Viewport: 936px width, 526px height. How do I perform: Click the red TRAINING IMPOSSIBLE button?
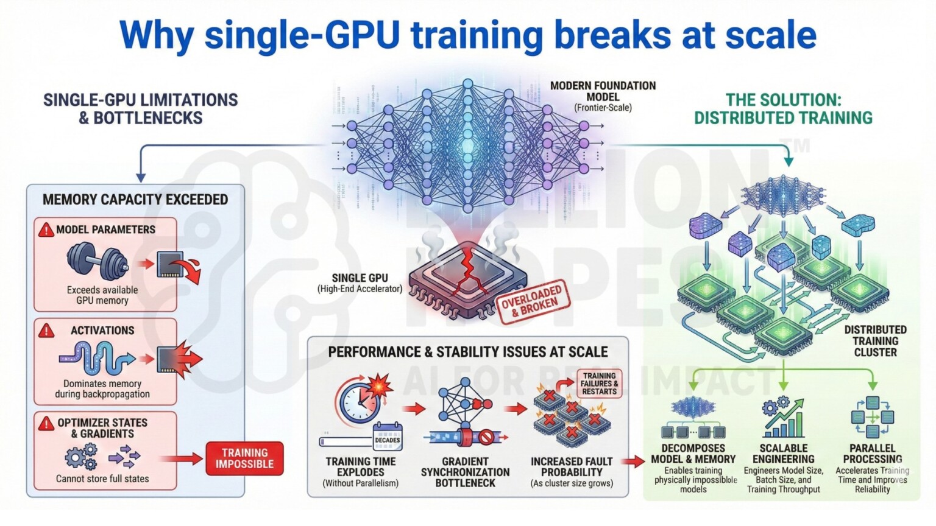pyautogui.click(x=244, y=458)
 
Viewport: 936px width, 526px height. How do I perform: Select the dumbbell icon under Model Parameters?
pyautogui.click(x=97, y=261)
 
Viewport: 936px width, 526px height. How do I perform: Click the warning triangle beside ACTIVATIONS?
pyautogui.click(x=46, y=331)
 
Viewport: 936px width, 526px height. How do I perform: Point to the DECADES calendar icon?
pyautogui.click(x=387, y=437)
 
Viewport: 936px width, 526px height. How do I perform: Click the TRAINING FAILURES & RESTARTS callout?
pyautogui.click(x=599, y=384)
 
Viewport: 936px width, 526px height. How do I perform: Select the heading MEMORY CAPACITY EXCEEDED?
pyautogui.click(x=135, y=200)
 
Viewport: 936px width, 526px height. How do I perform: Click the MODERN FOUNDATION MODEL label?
pyautogui.click(x=603, y=91)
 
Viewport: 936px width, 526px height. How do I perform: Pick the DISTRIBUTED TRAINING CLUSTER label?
pyautogui.click(x=875, y=341)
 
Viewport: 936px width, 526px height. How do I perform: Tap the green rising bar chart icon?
pyautogui.click(x=784, y=419)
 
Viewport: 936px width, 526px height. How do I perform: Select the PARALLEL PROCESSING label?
pyautogui.click(x=872, y=454)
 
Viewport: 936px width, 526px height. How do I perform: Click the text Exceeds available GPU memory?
pyautogui.click(x=102, y=295)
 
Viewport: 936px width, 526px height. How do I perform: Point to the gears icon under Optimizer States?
pyautogui.click(x=81, y=456)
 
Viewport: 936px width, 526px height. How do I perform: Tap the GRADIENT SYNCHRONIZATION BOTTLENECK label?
pyautogui.click(x=465, y=472)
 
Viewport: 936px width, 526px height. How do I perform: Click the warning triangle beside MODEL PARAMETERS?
pyautogui.click(x=46, y=230)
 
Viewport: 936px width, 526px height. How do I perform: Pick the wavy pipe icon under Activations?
pyautogui.click(x=97, y=357)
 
